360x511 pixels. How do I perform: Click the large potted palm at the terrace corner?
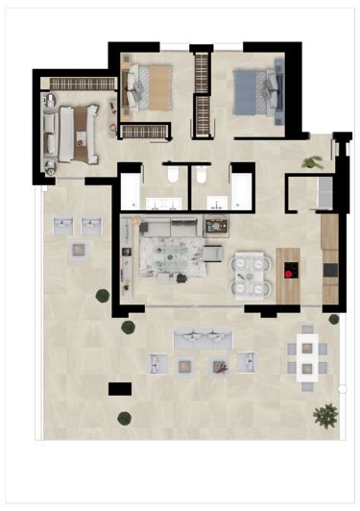325,414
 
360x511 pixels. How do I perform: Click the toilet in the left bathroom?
170,177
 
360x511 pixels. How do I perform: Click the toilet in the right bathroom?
201,177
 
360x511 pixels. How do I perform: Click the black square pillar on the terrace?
120,388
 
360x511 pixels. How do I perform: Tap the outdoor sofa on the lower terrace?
204,339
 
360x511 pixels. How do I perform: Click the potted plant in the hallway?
310,161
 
